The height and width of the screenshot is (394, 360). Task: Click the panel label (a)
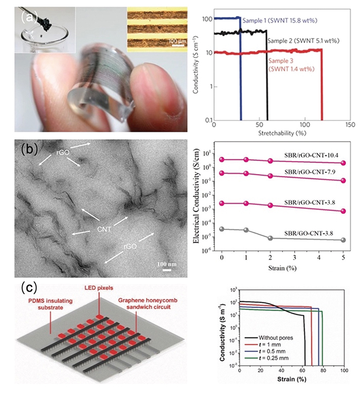[x=29, y=16]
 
